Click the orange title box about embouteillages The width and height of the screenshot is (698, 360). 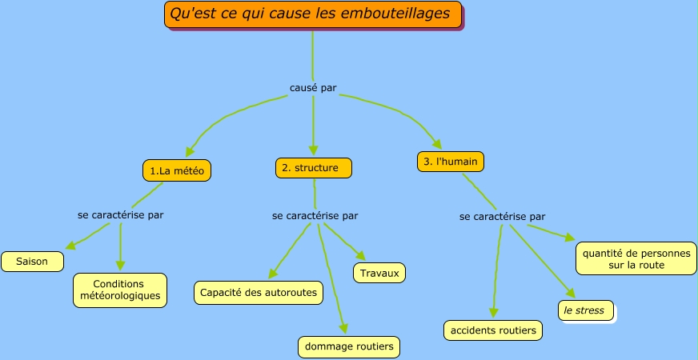coord(314,15)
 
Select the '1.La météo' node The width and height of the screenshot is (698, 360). coord(180,170)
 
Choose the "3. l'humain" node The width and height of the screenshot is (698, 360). coord(451,162)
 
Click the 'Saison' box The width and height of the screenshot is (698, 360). coord(32,262)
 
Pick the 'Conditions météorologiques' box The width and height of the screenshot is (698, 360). coord(120,290)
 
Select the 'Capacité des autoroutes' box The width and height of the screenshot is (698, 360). coord(259,293)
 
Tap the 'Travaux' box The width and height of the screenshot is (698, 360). coord(379,273)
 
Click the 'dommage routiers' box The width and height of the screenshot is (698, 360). coord(348,347)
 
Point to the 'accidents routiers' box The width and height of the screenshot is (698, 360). coord(492,330)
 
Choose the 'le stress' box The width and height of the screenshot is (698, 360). coord(587,310)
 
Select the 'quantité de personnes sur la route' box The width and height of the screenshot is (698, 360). coord(636,258)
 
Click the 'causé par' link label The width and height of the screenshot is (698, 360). coord(313,88)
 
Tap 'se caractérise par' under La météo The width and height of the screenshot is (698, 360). coord(121,215)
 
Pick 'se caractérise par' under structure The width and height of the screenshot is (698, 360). coord(315,215)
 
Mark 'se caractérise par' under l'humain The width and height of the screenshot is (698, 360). coord(503,216)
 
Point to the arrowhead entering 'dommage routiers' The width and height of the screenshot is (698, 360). coord(344,327)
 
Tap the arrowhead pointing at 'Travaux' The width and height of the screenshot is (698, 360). coord(361,256)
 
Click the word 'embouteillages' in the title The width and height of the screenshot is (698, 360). coord(404,14)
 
